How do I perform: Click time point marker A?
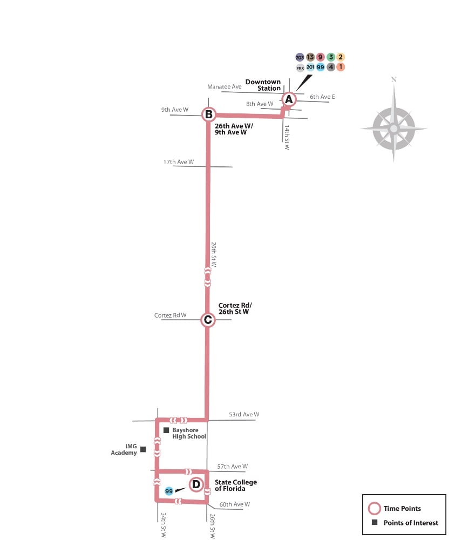point(289,99)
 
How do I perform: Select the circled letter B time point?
point(208,114)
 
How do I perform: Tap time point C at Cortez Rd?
point(208,320)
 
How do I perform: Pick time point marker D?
point(196,485)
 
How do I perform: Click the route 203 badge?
point(300,57)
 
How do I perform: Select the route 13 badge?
point(310,57)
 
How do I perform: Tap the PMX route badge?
point(300,68)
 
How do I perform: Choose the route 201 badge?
point(310,68)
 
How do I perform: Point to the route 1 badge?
point(341,68)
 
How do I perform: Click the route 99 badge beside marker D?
point(169,491)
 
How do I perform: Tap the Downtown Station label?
point(263,85)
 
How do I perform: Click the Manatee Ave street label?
point(225,87)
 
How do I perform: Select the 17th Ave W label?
point(179,161)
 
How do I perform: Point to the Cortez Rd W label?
point(170,315)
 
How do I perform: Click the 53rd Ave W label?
point(243,415)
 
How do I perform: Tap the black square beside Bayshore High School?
point(166,430)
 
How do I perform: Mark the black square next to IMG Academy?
point(143,449)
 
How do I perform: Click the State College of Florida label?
point(236,485)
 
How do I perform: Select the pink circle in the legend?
point(373,508)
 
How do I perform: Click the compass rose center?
point(393,129)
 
